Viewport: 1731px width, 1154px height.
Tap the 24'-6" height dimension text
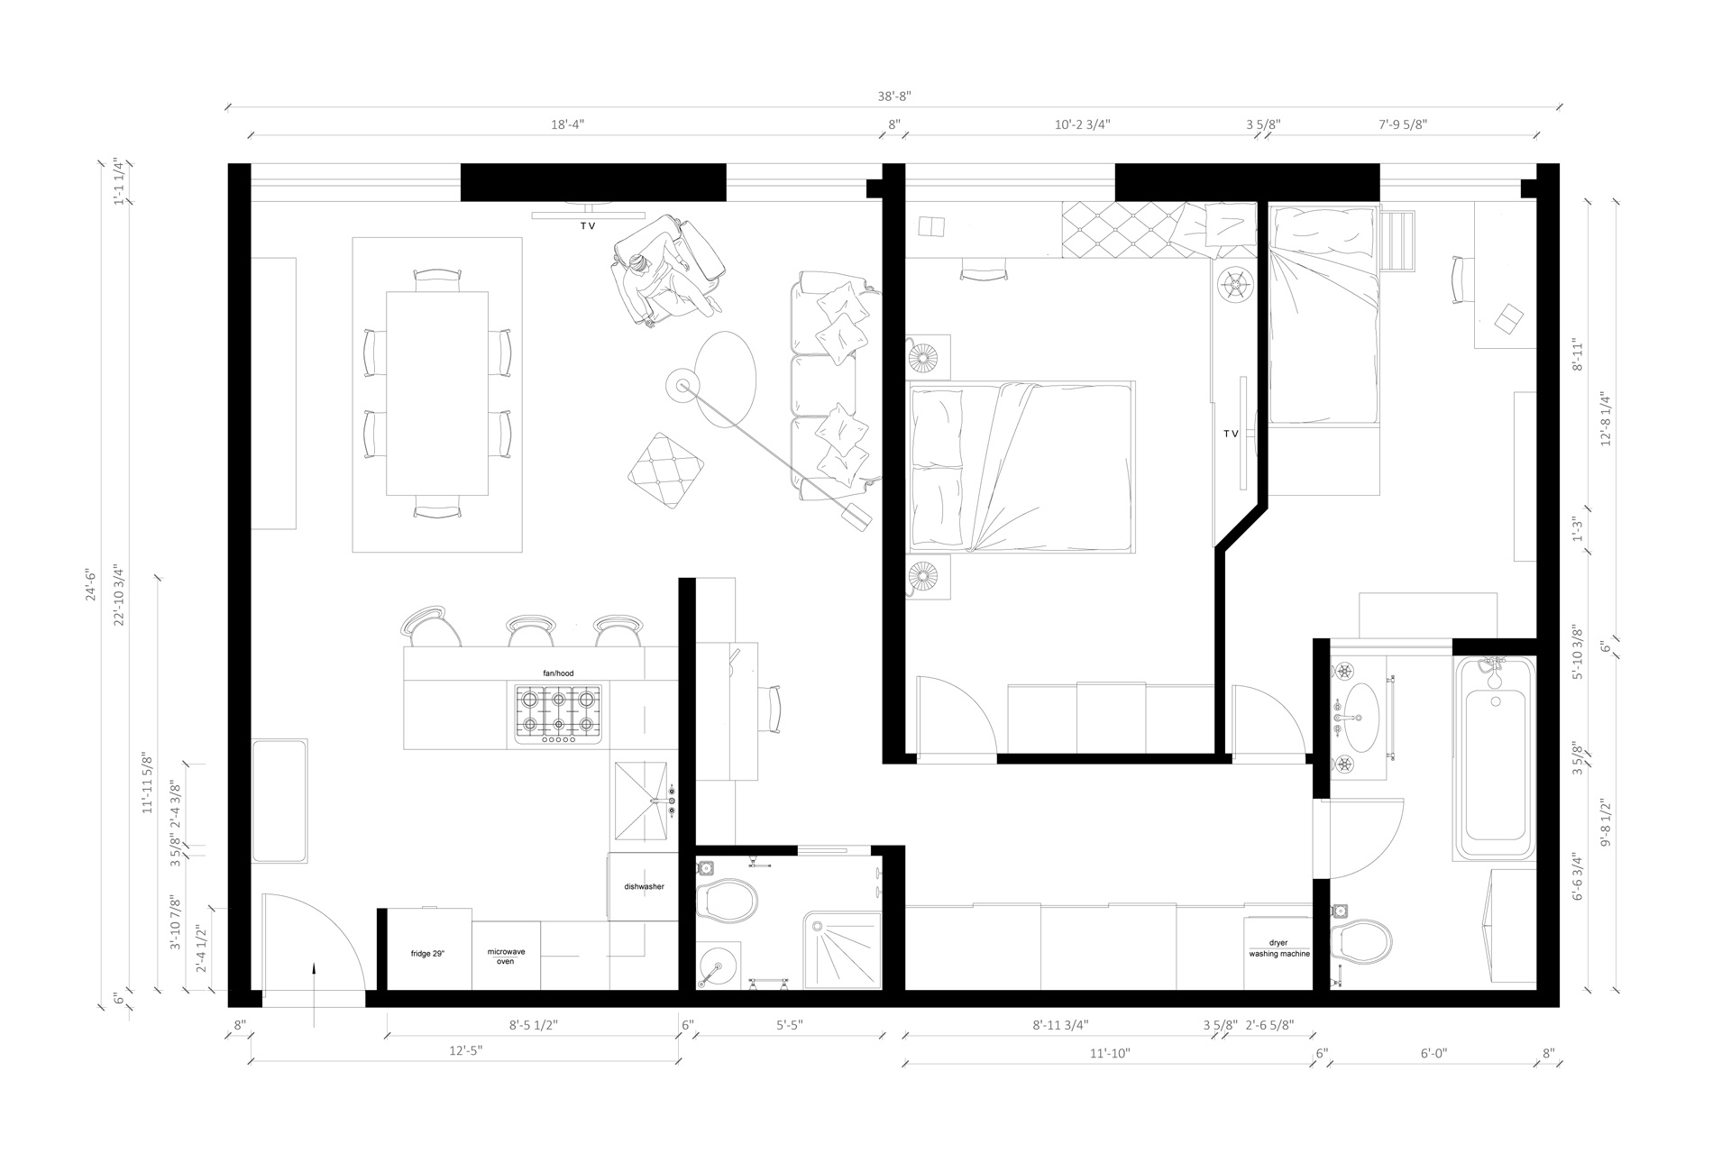(x=89, y=584)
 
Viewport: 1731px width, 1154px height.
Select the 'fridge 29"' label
(x=427, y=953)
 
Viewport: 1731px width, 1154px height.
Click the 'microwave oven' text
(x=506, y=957)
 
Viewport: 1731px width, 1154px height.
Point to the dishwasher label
(x=644, y=886)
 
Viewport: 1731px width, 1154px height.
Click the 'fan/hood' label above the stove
(x=558, y=673)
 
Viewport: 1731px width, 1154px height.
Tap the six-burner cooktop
(x=558, y=714)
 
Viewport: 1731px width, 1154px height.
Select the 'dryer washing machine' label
(x=1278, y=948)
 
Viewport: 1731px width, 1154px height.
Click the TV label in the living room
(x=588, y=226)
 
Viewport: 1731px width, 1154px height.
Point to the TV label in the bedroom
(x=1231, y=434)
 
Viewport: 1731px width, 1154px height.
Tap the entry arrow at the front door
(x=313, y=994)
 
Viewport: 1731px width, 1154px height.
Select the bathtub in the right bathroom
(x=1494, y=758)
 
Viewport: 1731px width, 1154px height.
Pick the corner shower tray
(x=842, y=950)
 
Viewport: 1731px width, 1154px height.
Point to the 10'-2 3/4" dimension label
(x=1082, y=124)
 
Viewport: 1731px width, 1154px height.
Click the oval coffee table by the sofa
(x=727, y=380)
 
